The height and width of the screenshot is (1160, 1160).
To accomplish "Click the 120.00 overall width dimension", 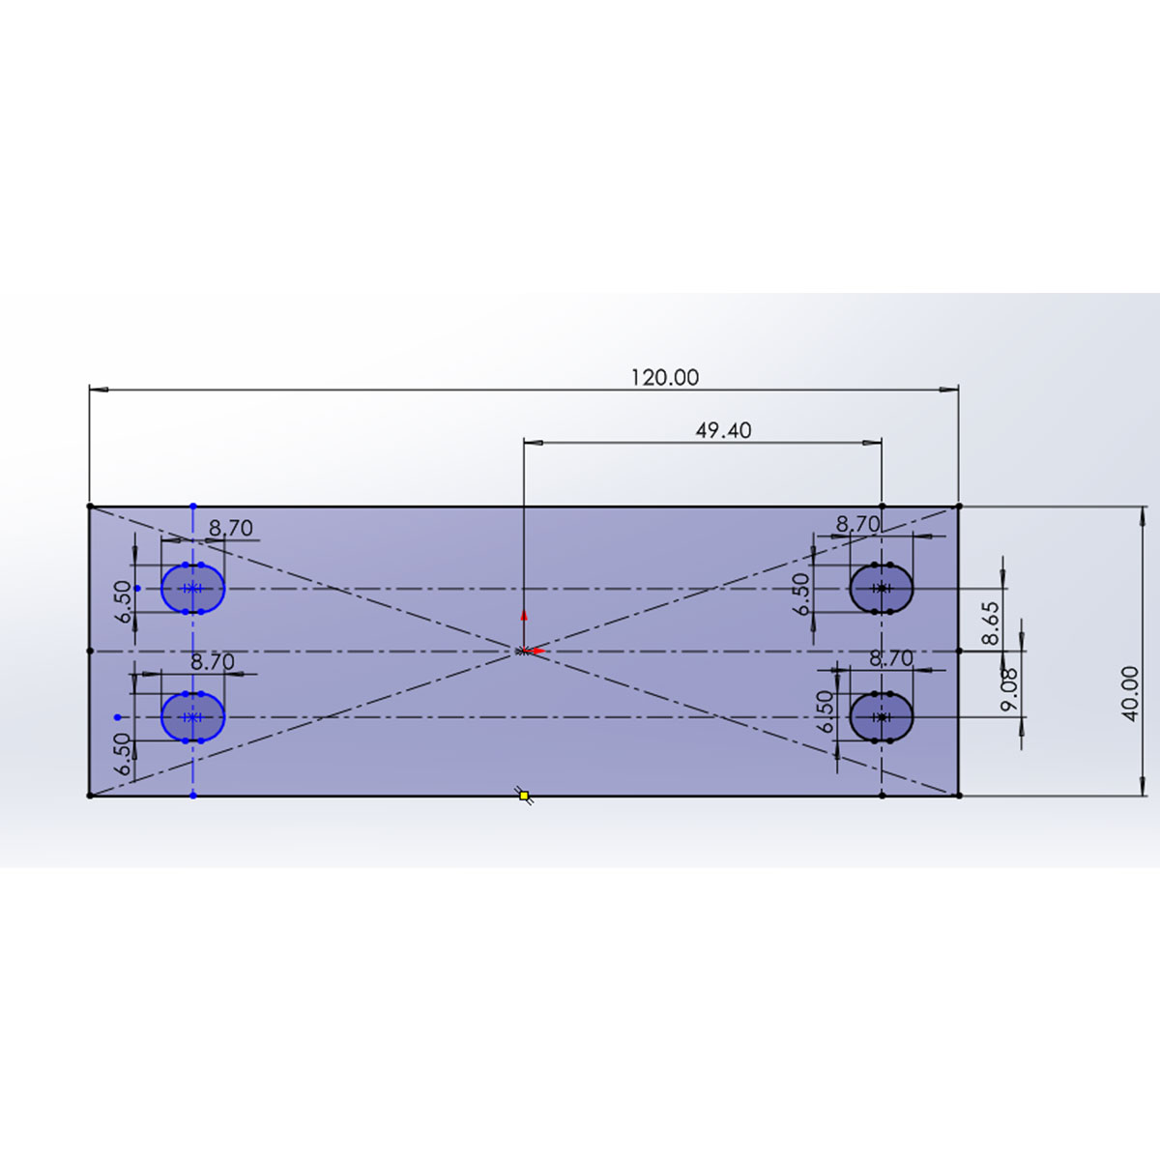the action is pos(664,378).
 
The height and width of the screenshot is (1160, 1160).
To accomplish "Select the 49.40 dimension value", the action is pos(723,430).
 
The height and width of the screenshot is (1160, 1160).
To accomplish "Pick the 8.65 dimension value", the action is pos(990,623).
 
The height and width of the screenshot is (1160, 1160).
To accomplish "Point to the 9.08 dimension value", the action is pos(1008,689).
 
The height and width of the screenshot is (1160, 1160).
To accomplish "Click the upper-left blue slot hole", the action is pos(192,588).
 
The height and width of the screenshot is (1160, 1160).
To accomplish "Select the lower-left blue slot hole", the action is pos(192,717).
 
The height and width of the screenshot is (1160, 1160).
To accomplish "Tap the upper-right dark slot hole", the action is pos(882,588).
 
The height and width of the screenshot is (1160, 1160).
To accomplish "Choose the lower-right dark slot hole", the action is pos(882,717).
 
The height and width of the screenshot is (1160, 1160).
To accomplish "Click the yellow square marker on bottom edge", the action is pos(524,796).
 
